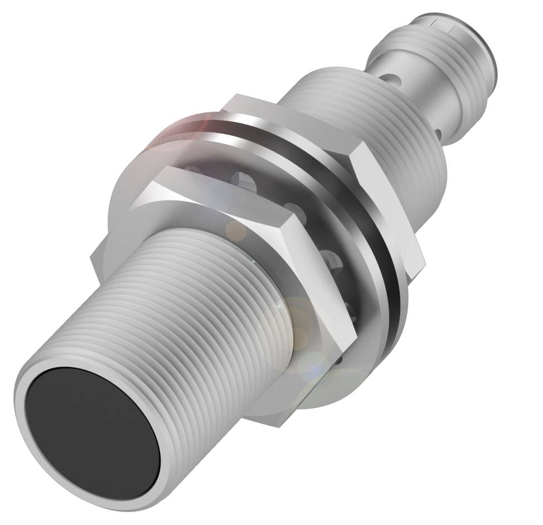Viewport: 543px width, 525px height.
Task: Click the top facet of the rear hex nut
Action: [290, 120]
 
